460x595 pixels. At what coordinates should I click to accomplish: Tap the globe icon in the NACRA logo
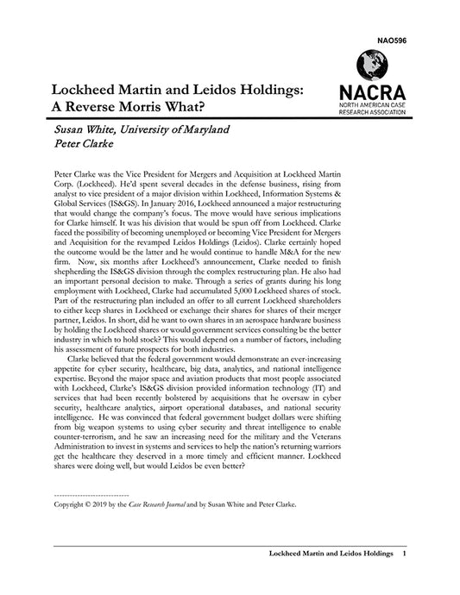coord(371,65)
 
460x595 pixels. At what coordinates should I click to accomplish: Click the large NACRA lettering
coord(371,91)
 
